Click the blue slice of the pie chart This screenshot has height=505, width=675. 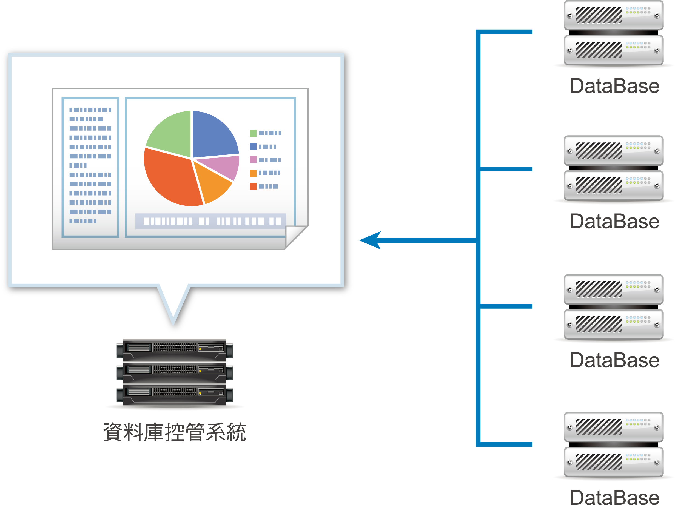click(x=213, y=134)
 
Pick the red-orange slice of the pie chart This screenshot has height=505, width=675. click(x=171, y=178)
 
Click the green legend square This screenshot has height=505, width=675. click(x=253, y=133)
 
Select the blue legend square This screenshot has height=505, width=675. click(x=253, y=146)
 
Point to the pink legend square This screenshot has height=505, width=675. click(x=253, y=160)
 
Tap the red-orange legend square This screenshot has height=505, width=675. click(x=253, y=186)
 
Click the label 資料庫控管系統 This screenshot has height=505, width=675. click(x=175, y=432)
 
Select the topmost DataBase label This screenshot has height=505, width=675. click(x=615, y=86)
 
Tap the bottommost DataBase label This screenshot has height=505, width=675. click(x=615, y=497)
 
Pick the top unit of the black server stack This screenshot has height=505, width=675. click(x=175, y=350)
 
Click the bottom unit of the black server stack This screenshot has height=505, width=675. click(x=175, y=395)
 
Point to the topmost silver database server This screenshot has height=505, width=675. click(x=614, y=33)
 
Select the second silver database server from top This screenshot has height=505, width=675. click(x=614, y=168)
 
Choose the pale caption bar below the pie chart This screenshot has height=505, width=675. click(x=210, y=221)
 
